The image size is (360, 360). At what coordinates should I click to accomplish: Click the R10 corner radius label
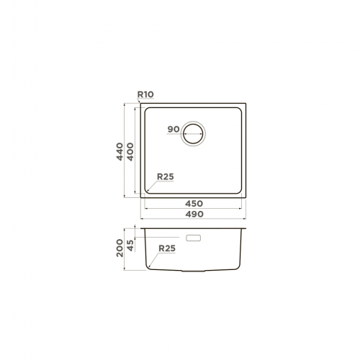click(145, 94)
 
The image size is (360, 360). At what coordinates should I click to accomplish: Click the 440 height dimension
click(120, 151)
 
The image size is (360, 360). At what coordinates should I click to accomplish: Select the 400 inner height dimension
click(130, 151)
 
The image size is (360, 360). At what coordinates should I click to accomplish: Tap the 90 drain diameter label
click(174, 129)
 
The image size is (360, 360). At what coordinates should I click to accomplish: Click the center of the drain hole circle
click(193, 134)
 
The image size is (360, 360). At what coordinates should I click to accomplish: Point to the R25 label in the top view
click(166, 176)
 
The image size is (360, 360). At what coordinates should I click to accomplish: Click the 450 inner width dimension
click(194, 204)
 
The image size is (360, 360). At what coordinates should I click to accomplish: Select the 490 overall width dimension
click(194, 214)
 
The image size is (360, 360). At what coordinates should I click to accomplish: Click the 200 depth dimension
click(120, 248)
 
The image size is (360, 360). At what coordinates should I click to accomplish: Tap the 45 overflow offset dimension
click(130, 246)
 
